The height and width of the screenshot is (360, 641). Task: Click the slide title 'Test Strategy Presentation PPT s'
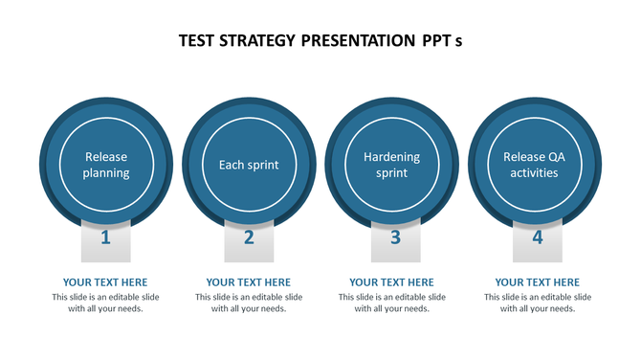(x=320, y=41)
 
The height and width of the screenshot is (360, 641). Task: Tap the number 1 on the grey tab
(x=105, y=237)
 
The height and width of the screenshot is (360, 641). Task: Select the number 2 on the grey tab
(x=249, y=237)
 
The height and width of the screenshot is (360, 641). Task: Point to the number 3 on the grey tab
(x=394, y=237)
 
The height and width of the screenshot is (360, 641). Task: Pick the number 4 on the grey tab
(x=537, y=237)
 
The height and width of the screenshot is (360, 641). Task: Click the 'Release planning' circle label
(x=105, y=165)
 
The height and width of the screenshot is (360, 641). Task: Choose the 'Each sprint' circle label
(x=249, y=165)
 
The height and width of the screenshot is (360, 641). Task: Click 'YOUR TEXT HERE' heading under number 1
(x=105, y=282)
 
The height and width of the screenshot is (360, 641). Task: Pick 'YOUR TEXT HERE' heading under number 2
(x=249, y=282)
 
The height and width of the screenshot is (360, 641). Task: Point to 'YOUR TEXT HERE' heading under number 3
(x=392, y=282)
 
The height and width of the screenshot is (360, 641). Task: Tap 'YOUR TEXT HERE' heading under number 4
(x=537, y=282)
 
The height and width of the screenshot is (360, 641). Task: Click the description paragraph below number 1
(x=105, y=303)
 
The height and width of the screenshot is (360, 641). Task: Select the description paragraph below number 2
(x=249, y=303)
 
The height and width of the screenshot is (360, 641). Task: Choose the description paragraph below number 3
(x=392, y=303)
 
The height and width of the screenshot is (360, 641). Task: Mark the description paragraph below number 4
(x=537, y=303)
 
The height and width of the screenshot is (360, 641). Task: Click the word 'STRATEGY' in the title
(x=257, y=41)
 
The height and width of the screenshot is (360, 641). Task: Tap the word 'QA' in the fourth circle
(x=557, y=157)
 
